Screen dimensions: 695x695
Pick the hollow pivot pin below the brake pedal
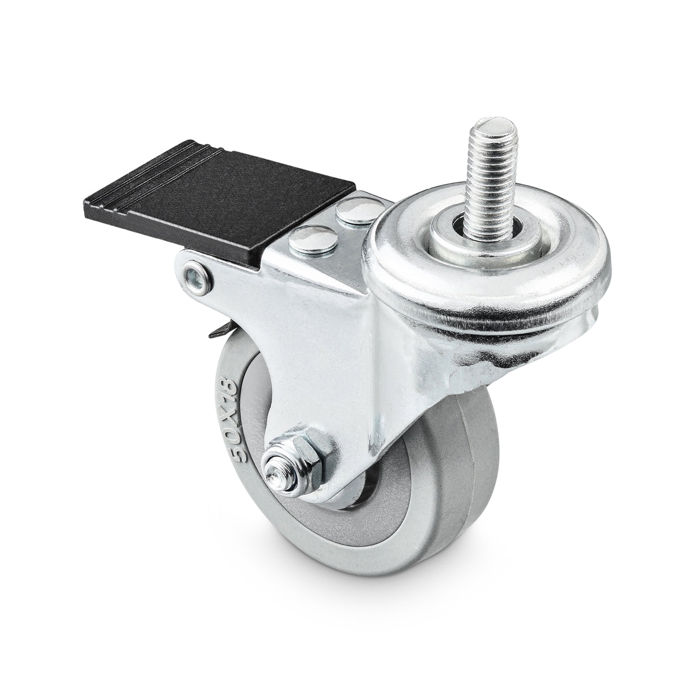point(197,274)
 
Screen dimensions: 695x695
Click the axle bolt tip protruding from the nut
point(275,475)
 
